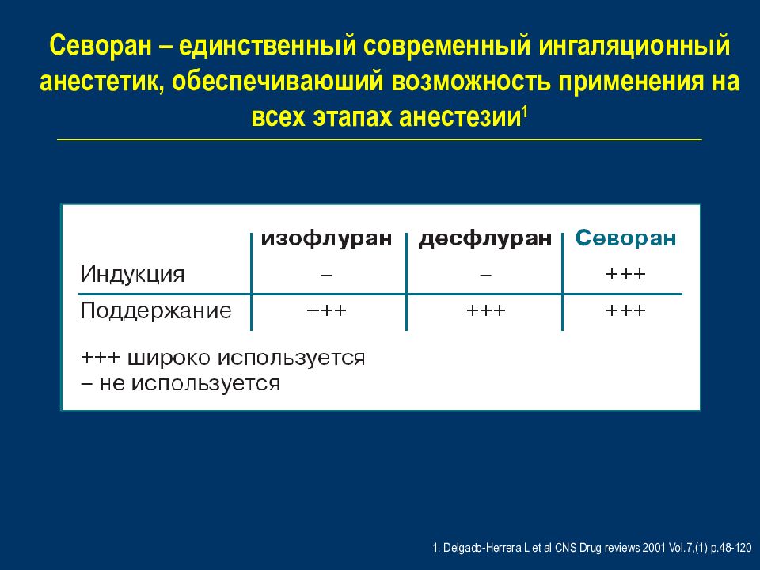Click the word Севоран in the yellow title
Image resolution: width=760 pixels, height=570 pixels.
coord(101,47)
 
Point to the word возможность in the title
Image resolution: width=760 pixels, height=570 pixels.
coord(470,82)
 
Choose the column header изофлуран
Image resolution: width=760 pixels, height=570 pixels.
coord(326,238)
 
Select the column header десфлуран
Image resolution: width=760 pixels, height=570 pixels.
coord(485,238)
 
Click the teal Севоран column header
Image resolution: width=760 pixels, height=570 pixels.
coord(625,238)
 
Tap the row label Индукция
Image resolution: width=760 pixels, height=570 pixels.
coord(132,275)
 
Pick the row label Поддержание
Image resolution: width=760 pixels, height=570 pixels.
coord(156,310)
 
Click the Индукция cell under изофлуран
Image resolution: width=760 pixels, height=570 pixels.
coord(326,275)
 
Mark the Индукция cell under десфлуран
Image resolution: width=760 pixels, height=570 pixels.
coord(485,275)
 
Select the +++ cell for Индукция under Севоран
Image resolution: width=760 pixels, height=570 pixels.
coord(625,275)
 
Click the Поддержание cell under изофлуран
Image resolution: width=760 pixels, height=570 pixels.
coord(326,310)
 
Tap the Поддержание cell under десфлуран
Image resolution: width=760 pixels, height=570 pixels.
coord(485,310)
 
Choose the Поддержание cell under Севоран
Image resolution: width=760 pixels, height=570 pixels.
coord(625,310)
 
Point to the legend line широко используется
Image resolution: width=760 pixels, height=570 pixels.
coord(222,358)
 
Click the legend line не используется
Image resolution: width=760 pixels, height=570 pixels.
coord(180,383)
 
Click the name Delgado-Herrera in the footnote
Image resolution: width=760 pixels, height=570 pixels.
coord(483,548)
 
